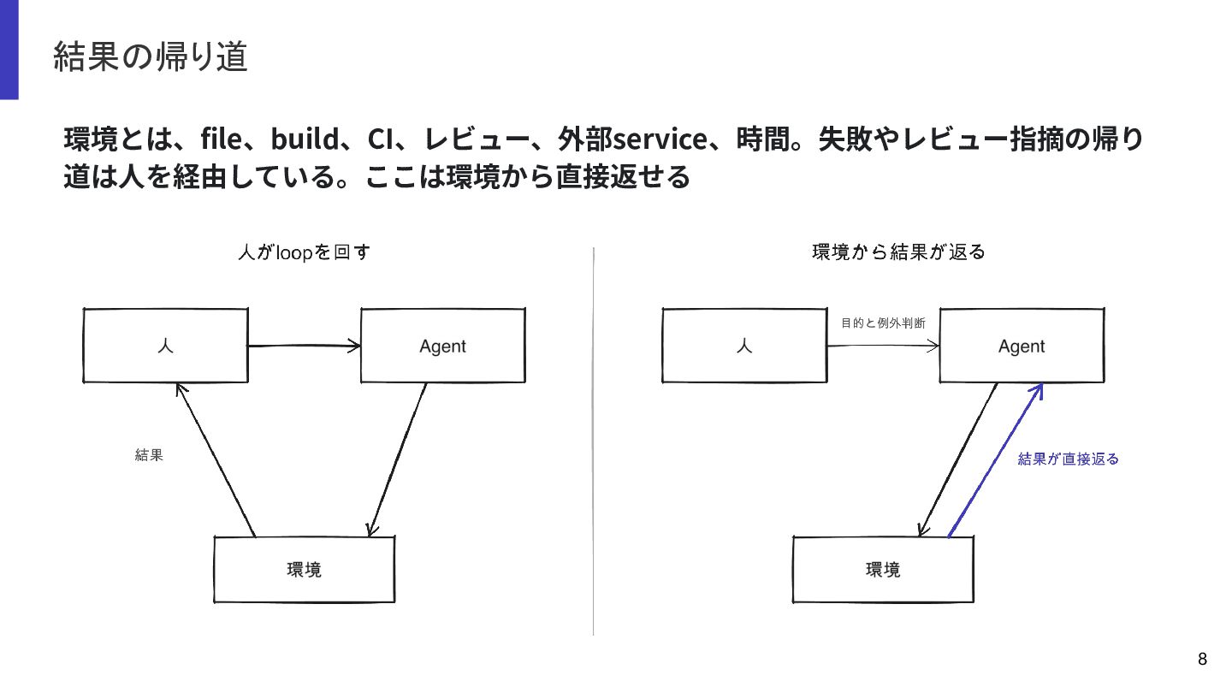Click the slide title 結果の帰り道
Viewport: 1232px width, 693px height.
click(x=151, y=56)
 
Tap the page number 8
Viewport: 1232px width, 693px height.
click(x=1202, y=659)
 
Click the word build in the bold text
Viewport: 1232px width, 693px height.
click(x=305, y=138)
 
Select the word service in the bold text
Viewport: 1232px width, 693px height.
click(x=660, y=139)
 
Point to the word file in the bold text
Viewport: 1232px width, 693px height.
click(x=221, y=138)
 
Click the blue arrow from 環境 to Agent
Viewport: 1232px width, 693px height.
click(x=995, y=460)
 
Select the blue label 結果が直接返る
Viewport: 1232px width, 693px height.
click(x=1068, y=459)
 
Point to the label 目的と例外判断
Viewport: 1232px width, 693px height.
click(x=883, y=323)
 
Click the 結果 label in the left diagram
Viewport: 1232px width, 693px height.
click(x=149, y=455)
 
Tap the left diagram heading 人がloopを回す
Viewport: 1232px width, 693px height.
click(x=305, y=252)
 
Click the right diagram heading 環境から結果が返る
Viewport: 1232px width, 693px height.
click(x=898, y=252)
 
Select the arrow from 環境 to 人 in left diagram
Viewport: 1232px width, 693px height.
click(x=216, y=459)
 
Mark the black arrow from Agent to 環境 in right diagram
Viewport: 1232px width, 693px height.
click(x=957, y=459)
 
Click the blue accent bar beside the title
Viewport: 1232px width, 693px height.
click(x=9, y=50)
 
